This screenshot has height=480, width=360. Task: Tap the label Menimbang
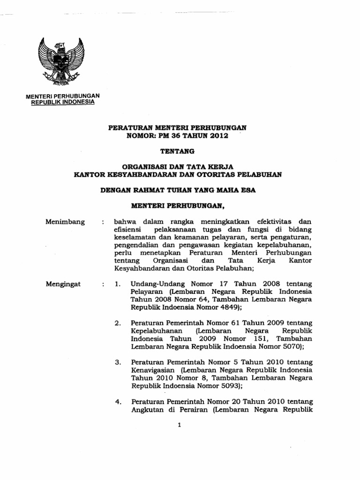tap(65, 222)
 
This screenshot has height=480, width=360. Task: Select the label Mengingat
tap(63, 284)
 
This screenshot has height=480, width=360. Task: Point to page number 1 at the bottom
tap(180, 425)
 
